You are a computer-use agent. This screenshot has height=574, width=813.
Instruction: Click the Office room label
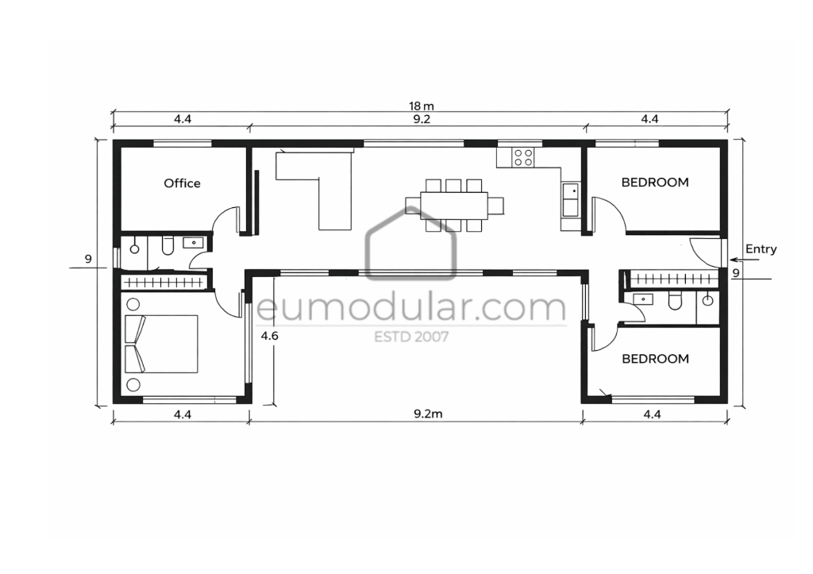pos(182,183)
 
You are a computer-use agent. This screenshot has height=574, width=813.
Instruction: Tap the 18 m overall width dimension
pos(422,106)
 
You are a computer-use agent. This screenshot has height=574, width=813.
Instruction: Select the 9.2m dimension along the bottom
pos(428,414)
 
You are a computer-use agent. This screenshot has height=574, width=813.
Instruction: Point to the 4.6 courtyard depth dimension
pos(269,336)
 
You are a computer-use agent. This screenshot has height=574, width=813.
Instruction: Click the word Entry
pos(761,249)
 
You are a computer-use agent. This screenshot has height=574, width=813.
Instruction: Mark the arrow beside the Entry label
pos(744,260)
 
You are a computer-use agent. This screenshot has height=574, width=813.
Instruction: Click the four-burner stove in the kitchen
pos(522,157)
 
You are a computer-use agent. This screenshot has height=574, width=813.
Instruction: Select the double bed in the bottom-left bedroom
pos(161,344)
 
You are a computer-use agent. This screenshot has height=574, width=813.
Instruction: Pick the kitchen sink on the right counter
pos(570,199)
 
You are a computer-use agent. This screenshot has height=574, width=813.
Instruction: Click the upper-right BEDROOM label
pos(655,182)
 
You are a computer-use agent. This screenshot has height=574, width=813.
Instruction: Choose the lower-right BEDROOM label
pos(655,358)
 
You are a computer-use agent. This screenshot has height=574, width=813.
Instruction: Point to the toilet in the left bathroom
pos(168,246)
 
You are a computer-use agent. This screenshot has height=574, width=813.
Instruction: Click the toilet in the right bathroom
pos(675,301)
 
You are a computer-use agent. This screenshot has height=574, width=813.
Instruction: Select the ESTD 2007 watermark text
pos(412,337)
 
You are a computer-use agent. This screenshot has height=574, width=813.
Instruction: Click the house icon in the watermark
pos(410,244)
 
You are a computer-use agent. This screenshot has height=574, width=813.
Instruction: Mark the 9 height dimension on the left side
pos(88,258)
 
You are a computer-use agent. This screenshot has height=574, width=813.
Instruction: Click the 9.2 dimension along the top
pos(422,119)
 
